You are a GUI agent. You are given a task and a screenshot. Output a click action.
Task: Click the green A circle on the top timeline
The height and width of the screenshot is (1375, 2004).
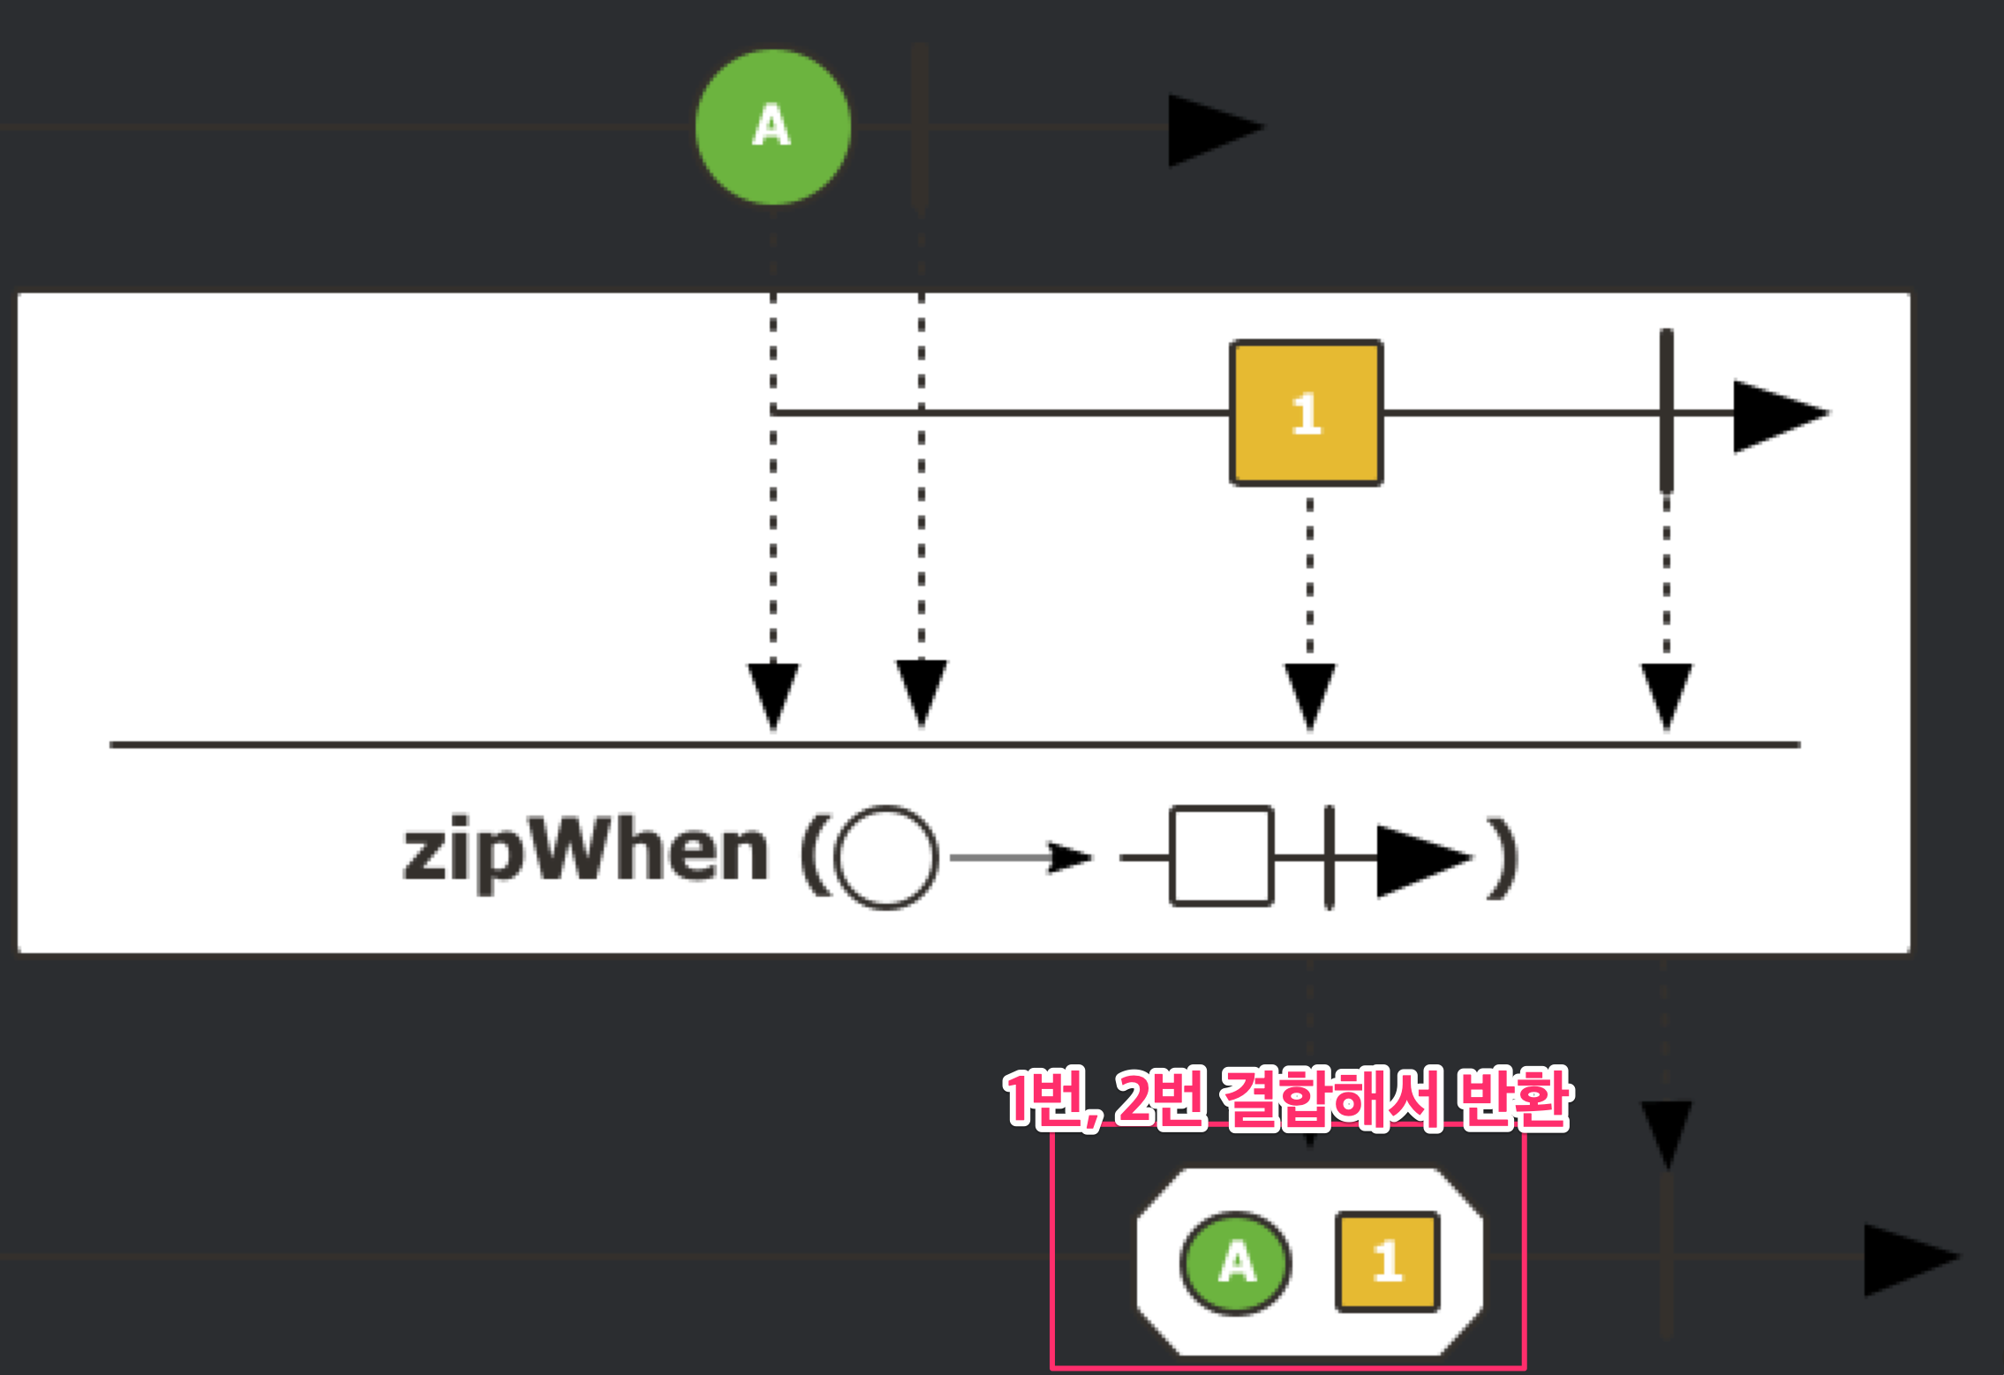click(772, 127)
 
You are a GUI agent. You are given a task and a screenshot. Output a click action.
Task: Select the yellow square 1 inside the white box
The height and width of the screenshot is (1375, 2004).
click(1306, 413)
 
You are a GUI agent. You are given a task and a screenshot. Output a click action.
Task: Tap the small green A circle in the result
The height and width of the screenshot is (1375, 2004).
click(1235, 1263)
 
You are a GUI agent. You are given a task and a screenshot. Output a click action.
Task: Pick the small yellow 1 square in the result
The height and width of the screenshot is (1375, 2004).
click(1387, 1262)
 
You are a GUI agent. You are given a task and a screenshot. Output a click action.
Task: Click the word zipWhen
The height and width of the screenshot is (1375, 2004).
click(585, 853)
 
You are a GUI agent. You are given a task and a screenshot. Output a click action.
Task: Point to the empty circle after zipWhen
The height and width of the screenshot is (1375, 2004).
click(885, 857)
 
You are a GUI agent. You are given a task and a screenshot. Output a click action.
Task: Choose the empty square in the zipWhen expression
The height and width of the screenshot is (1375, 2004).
click(1221, 856)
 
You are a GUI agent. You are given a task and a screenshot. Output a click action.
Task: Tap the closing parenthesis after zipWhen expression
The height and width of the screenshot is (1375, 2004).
click(1503, 858)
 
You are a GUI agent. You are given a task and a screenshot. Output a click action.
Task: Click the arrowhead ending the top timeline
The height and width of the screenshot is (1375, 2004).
click(1211, 129)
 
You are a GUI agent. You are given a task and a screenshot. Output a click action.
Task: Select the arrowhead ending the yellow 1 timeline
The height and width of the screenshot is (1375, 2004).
click(1776, 415)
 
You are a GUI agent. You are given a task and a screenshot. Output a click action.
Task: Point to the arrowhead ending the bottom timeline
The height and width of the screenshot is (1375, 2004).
click(1907, 1259)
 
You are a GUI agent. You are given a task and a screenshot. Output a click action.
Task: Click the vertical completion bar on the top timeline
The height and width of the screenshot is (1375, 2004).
click(920, 127)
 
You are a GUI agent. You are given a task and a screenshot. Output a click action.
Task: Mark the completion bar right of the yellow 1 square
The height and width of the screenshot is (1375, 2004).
click(1666, 411)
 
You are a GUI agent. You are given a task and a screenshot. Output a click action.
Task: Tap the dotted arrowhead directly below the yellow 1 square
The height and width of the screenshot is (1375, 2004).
click(1309, 695)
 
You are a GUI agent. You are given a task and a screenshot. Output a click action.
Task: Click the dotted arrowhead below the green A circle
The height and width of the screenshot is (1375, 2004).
click(773, 695)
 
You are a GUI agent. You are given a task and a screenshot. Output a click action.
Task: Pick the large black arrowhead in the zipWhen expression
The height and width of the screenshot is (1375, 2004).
click(1420, 859)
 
